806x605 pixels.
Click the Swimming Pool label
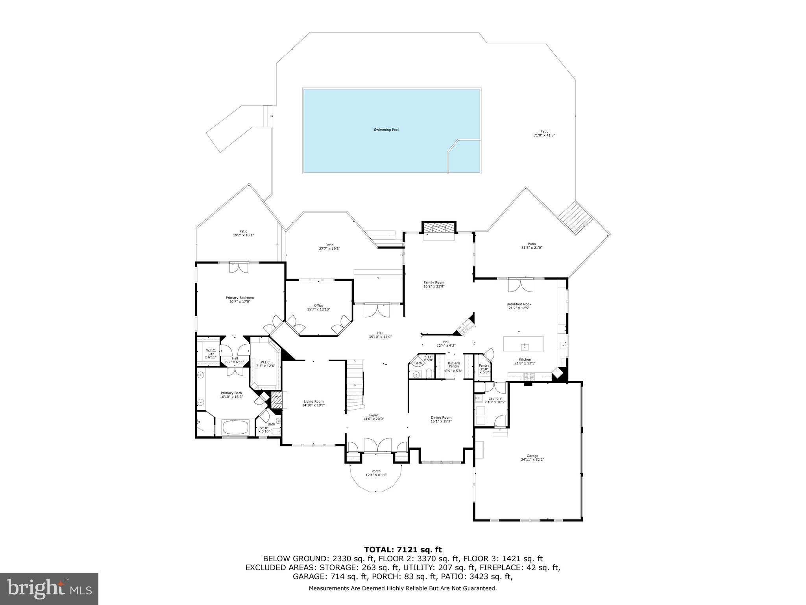[386, 130]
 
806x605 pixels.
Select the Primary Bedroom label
[239, 298]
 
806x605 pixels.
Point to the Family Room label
[434, 282]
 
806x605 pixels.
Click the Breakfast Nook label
[519, 304]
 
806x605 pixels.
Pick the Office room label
[318, 306]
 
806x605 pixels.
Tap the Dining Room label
[441, 418]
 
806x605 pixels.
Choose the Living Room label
[313, 402]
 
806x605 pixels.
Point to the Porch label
[376, 471]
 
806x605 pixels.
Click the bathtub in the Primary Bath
[235, 427]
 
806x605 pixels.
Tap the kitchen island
[524, 344]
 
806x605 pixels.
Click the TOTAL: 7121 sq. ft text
[403, 549]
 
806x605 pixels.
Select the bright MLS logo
[49, 588]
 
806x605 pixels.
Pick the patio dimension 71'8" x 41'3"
[544, 135]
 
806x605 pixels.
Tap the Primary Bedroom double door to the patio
[239, 267]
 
